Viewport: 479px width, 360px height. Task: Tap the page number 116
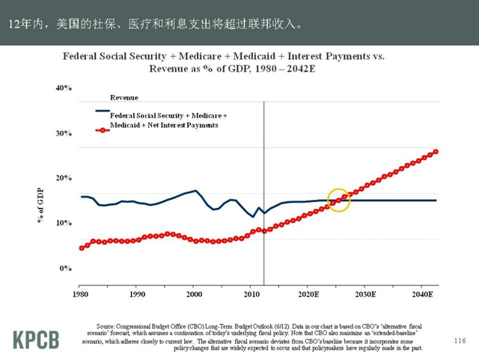[x=460, y=341]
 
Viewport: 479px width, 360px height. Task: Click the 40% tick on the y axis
[x=64, y=88]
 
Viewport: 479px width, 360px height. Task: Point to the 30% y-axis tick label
[x=64, y=133]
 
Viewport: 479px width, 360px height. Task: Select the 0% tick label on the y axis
[x=66, y=268]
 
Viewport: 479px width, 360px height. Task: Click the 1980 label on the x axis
[x=82, y=295]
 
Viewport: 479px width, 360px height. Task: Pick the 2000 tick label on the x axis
[x=193, y=295]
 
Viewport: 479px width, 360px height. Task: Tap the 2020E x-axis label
[x=308, y=295]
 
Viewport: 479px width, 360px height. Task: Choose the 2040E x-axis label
[x=421, y=295]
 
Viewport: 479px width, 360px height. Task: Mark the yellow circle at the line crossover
[x=339, y=200]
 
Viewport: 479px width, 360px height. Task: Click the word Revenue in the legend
[x=124, y=97]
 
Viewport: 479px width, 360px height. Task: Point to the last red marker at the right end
[x=436, y=152]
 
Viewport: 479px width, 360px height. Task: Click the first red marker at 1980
[x=82, y=248]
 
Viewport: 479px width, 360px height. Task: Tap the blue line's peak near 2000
[x=196, y=191]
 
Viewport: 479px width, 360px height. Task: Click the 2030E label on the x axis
[x=364, y=295]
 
